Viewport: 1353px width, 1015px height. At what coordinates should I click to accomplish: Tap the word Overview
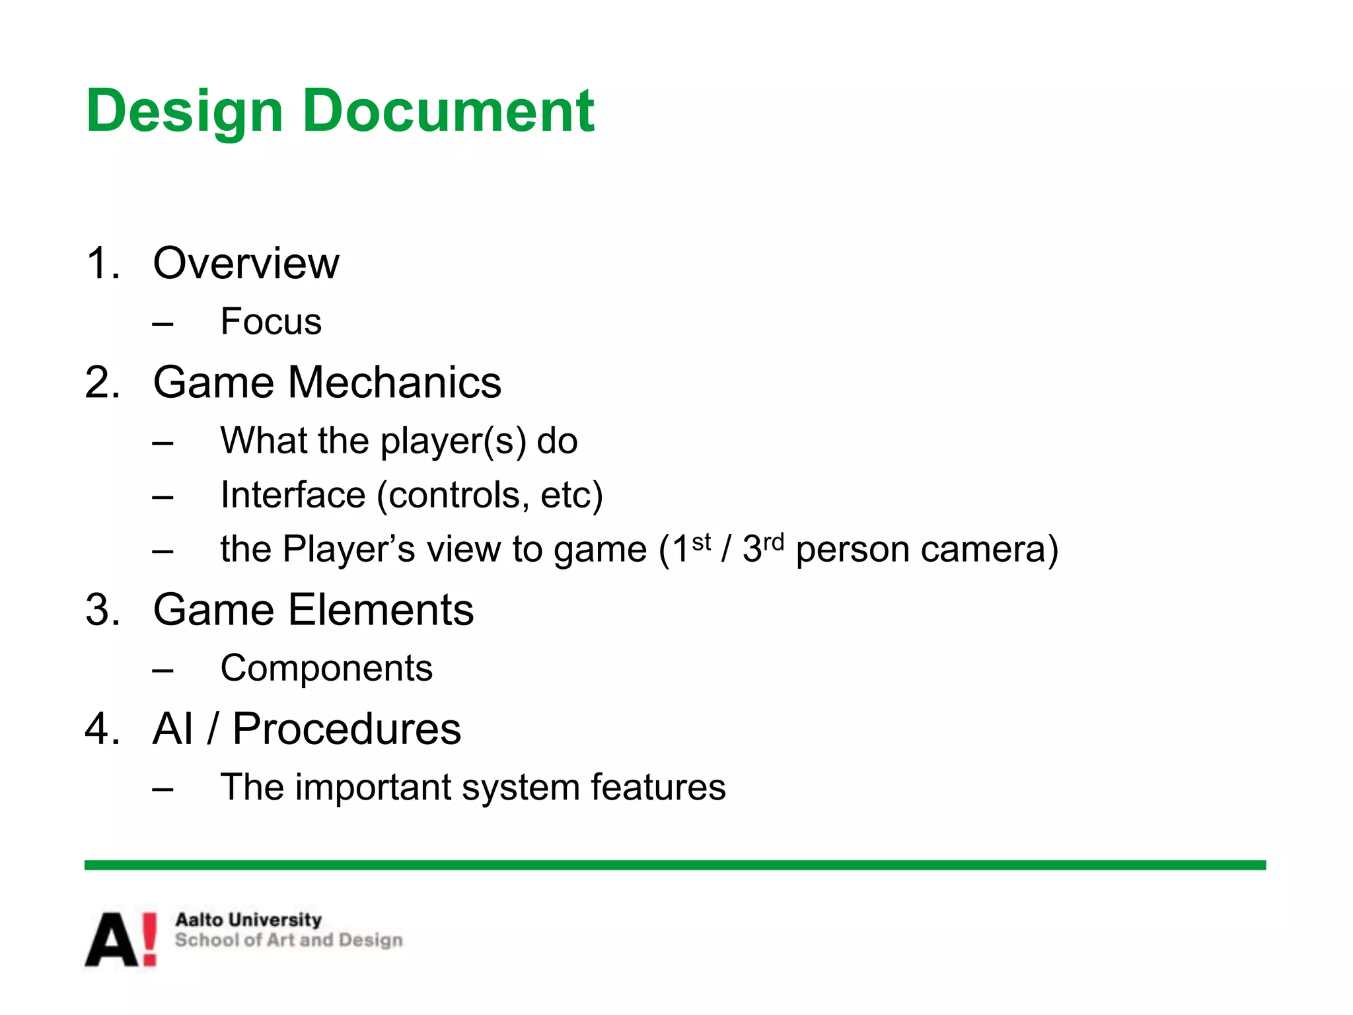coord(246,264)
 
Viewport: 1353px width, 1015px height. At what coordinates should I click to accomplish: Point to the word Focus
coord(271,322)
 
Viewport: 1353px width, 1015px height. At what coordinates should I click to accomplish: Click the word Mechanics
coord(394,383)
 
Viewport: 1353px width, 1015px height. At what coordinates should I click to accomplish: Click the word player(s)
coord(453,441)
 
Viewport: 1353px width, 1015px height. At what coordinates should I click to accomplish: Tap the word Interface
coord(293,495)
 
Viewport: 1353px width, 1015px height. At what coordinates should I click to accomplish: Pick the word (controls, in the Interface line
coord(453,496)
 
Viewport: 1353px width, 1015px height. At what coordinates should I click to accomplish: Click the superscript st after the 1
coord(702,543)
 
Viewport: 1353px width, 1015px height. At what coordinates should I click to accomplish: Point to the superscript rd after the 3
coord(774,543)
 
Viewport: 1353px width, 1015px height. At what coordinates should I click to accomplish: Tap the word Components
coord(326,668)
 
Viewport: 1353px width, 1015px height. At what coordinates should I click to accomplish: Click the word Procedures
coord(346,729)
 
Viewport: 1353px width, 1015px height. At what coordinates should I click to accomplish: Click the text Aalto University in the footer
coord(248,920)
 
